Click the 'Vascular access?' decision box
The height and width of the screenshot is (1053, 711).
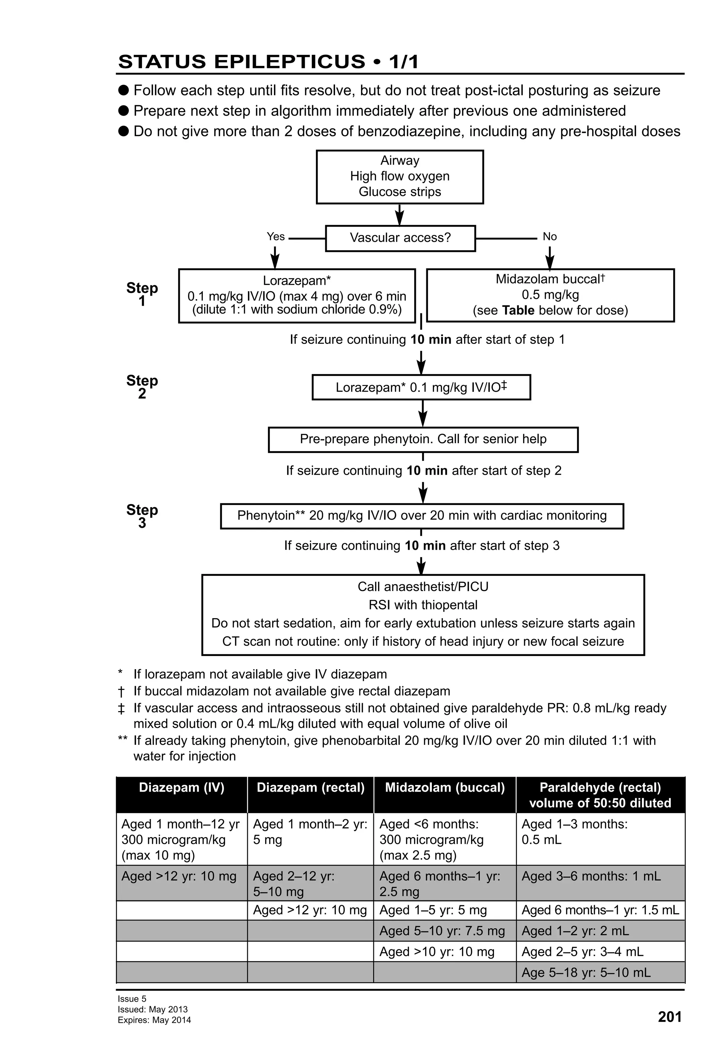point(400,238)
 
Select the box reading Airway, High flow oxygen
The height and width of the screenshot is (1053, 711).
point(400,177)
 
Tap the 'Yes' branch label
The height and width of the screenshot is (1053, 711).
point(276,236)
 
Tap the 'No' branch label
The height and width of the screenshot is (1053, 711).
point(549,236)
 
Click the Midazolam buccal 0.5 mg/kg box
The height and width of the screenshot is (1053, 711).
point(550,295)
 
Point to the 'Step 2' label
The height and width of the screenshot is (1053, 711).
point(142,387)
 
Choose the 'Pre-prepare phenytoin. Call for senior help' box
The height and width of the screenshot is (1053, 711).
point(423,439)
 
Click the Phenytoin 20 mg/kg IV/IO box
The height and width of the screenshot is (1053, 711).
point(421,516)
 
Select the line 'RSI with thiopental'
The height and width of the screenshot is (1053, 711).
point(423,605)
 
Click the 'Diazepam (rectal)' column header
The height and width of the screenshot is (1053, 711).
point(310,787)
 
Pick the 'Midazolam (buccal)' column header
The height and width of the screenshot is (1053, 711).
point(444,787)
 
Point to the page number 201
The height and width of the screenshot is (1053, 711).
point(669,1017)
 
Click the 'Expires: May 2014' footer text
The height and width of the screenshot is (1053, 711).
point(154,1020)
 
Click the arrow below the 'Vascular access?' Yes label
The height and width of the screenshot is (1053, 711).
point(275,258)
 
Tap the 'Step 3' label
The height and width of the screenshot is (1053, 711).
point(142,516)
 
